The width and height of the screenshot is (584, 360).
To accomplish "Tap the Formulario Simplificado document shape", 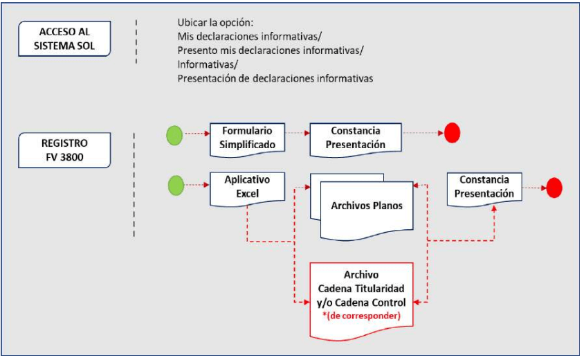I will pos(246,138).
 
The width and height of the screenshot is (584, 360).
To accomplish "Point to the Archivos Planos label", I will pos(367,206).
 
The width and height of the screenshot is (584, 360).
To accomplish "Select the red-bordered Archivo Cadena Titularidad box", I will pos(361,296).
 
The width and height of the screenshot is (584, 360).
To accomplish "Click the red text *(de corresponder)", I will pos(361,315).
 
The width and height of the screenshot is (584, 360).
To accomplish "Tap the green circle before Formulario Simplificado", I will pos(175,134).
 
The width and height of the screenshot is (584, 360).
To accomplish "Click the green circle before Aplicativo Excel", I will pos(175,186).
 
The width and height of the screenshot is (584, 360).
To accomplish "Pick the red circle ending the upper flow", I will pos(452,132).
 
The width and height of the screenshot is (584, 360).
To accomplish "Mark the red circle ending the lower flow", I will pos(554,187).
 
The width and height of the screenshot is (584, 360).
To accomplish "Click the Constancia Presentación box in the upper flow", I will pos(356,138).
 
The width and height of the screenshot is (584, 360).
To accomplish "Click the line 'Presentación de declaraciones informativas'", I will pos(275,78).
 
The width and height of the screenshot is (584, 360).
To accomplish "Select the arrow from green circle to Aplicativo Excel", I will pos(197,186).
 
